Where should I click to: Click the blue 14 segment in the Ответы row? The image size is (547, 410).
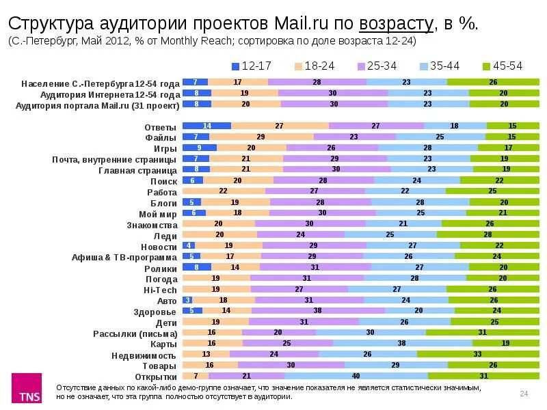point(207,126)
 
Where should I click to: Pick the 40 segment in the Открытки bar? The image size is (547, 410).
point(356,376)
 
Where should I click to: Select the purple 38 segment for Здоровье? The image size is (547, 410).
point(318,310)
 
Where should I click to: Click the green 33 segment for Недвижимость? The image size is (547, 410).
point(477,354)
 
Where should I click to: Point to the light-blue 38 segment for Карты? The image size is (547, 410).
point(402,343)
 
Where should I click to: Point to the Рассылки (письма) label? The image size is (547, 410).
point(135,333)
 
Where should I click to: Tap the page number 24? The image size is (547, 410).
point(524,392)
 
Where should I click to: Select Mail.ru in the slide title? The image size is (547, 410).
point(301,23)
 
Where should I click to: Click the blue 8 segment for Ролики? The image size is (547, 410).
point(197,267)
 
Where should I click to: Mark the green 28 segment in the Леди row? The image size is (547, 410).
point(488,234)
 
